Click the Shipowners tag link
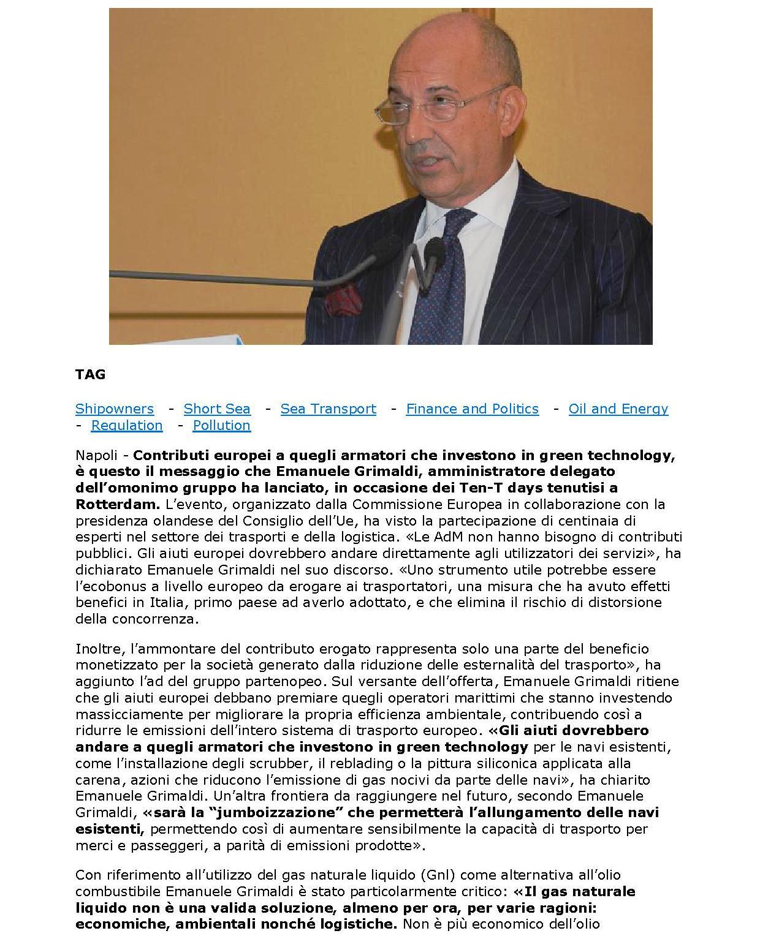click(x=115, y=409)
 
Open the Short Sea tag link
click(x=217, y=409)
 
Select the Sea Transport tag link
click(x=329, y=409)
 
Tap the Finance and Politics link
click(x=473, y=409)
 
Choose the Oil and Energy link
click(x=618, y=409)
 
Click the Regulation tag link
click(x=127, y=425)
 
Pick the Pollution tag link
click(x=222, y=425)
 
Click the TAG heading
click(x=91, y=374)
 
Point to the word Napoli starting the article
click(x=96, y=455)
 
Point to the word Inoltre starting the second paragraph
click(x=95, y=648)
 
